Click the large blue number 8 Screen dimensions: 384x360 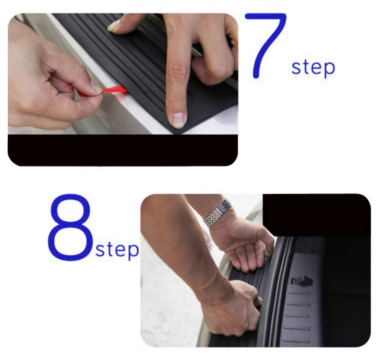70,227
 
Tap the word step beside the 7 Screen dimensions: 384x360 313,68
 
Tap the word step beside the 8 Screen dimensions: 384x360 117,250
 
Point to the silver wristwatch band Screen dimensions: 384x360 217,213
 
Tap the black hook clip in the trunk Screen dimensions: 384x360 302,280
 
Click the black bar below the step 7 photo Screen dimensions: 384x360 123,150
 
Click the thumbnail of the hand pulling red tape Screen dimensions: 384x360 96,87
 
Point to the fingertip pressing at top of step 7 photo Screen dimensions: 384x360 114,27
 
